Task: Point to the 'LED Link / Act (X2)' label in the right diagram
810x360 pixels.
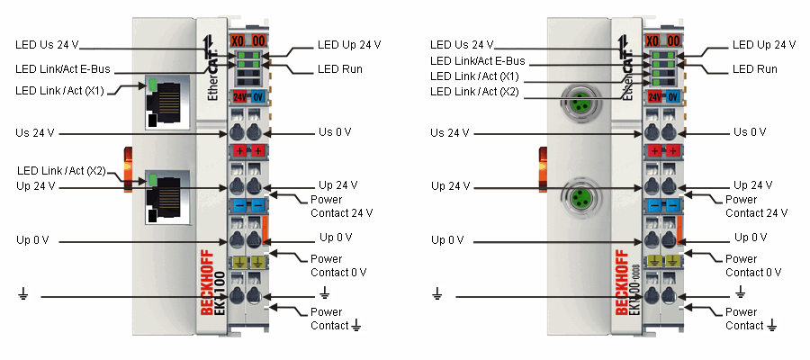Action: tap(474, 91)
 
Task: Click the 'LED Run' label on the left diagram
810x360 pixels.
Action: tap(340, 68)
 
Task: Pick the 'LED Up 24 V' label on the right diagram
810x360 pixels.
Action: tap(763, 44)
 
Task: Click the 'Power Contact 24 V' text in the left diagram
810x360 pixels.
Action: tap(341, 206)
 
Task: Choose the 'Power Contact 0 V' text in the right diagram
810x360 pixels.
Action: tap(756, 265)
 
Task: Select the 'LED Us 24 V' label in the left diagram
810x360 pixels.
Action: tap(47, 44)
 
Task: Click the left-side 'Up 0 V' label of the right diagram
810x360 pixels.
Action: tap(447, 240)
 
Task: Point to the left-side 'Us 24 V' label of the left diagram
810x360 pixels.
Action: tap(35, 132)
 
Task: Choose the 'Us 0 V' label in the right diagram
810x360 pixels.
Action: tap(750, 132)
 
